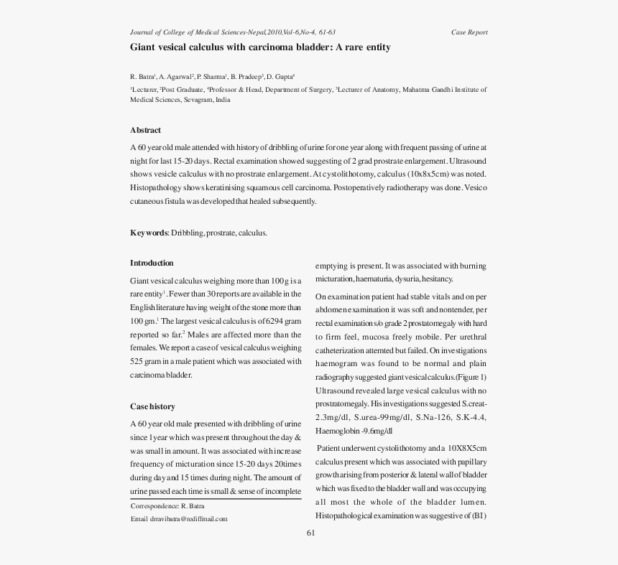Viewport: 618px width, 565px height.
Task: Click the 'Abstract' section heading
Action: (145, 130)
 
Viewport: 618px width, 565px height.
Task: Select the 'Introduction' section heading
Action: (152, 263)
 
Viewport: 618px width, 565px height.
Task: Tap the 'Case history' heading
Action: (152, 406)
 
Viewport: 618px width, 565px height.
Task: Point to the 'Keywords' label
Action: (149, 233)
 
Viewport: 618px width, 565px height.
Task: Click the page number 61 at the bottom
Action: (310, 533)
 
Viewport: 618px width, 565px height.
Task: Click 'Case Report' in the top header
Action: (469, 32)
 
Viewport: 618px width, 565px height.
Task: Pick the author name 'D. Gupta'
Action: (280, 76)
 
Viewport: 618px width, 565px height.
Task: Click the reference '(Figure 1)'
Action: (471, 377)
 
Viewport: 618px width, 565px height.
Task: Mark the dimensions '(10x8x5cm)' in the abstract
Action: (428, 174)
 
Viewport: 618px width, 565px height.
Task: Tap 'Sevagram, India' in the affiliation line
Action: (207, 100)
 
